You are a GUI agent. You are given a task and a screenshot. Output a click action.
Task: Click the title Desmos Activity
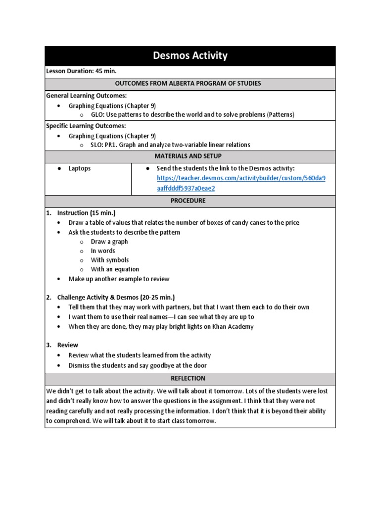[190, 55]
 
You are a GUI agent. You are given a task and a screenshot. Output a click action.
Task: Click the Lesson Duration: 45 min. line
[81, 71]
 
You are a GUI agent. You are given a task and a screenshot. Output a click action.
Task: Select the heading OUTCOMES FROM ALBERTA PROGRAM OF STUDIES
[190, 83]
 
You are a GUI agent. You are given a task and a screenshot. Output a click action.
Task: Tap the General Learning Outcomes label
[87, 96]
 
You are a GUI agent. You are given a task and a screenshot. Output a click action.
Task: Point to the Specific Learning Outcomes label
[86, 126]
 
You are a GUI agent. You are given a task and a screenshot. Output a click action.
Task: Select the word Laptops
[80, 168]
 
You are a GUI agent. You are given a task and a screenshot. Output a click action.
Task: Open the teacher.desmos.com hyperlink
[241, 178]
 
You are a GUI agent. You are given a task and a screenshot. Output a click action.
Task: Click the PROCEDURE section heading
[190, 201]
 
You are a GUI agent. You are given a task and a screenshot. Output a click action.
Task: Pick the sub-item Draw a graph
[109, 242]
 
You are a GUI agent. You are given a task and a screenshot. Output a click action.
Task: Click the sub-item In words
[103, 251]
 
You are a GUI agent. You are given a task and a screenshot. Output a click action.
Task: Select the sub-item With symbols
[110, 260]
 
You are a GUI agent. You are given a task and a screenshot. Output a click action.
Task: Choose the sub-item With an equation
[115, 269]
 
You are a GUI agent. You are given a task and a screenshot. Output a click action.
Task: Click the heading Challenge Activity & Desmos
[116, 298]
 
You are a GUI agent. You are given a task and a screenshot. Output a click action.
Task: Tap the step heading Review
[68, 345]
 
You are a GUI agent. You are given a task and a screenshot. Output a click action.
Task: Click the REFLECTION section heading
[190, 379]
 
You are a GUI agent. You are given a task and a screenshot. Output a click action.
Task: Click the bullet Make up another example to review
[119, 279]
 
